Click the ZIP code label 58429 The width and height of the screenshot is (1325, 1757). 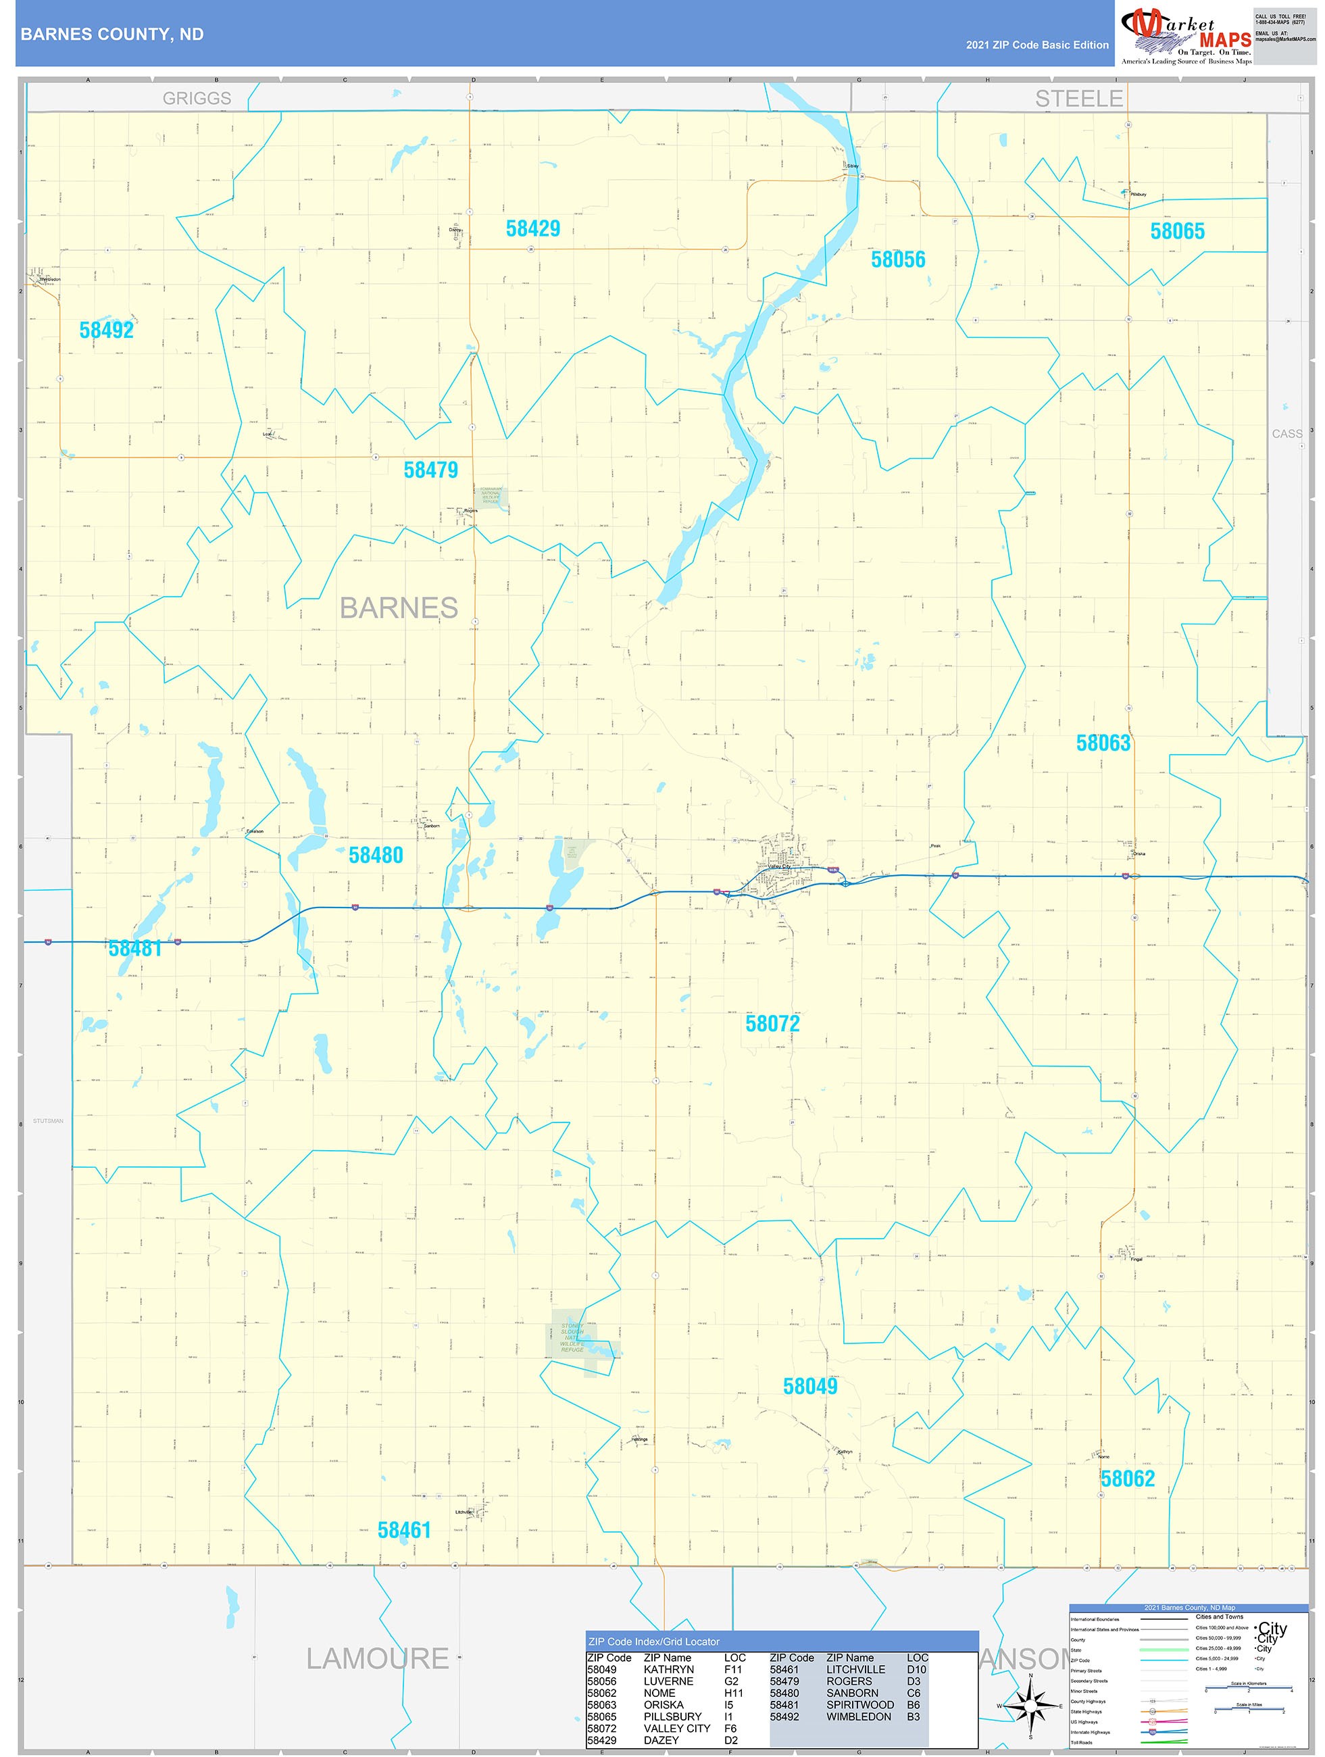click(x=533, y=229)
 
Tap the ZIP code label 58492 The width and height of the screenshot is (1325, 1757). click(x=107, y=330)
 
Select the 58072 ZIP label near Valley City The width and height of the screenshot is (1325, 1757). click(x=772, y=1024)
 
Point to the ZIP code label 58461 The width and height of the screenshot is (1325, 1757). click(x=403, y=1530)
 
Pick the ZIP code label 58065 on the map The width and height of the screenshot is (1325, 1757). click(x=1177, y=231)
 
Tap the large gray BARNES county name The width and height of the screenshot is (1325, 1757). click(x=399, y=608)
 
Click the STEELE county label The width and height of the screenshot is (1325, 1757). click(x=1079, y=99)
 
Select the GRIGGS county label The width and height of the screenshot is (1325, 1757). click(x=197, y=99)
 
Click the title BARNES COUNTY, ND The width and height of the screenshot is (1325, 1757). click(x=112, y=34)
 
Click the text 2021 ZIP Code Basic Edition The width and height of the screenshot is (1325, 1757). click(x=1036, y=45)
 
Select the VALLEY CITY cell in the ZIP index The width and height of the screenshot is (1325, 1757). click(x=677, y=1729)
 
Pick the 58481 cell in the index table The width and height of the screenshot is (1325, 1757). click(x=784, y=1704)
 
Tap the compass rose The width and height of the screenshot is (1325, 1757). click(x=1030, y=1706)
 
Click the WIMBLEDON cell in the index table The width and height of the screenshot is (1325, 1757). click(x=859, y=1716)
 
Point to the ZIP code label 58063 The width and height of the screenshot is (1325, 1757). click(x=1103, y=743)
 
